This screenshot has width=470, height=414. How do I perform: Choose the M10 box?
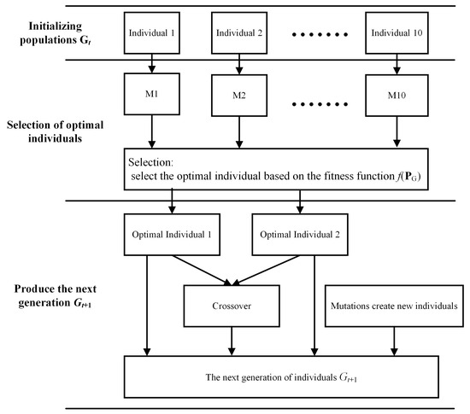395,91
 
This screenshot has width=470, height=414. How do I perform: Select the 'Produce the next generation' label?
52,301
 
